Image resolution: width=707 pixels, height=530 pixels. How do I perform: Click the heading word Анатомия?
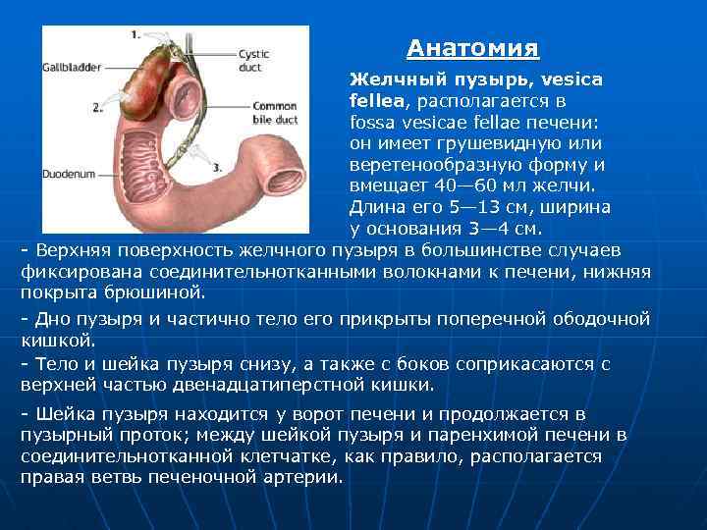coord(473,48)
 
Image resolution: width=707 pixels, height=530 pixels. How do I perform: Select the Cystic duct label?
coord(253,61)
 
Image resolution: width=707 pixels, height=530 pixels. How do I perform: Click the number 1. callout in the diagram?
coord(135,33)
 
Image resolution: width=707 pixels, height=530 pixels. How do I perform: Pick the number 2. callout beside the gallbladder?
coord(96,105)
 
